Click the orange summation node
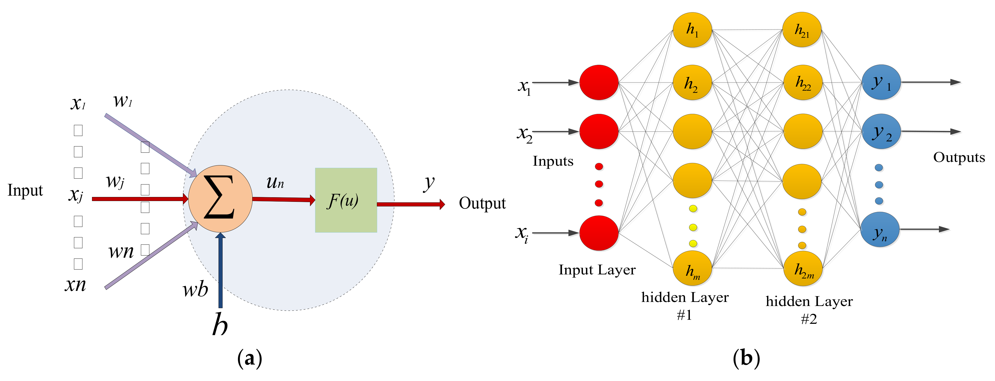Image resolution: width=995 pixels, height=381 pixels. click(220, 199)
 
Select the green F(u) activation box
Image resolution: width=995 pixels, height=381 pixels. click(346, 200)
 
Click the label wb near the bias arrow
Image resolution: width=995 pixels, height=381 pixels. click(195, 290)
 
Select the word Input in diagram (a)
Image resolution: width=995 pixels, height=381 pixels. click(25, 190)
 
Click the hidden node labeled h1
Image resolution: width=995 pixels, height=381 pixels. click(692, 30)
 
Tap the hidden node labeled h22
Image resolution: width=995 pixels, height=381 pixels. click(803, 82)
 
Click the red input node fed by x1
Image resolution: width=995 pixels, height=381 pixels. click(599, 82)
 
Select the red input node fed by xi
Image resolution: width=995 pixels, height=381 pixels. click(599, 233)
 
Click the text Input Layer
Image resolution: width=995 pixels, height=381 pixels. click(597, 270)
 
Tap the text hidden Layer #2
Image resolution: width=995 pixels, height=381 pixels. click(809, 309)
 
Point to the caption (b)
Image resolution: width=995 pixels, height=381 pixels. click(746, 358)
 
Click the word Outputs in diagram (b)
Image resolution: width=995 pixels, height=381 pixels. click(959, 157)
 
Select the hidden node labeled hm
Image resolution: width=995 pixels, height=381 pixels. click(692, 268)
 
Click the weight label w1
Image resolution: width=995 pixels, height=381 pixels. click(123, 101)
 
